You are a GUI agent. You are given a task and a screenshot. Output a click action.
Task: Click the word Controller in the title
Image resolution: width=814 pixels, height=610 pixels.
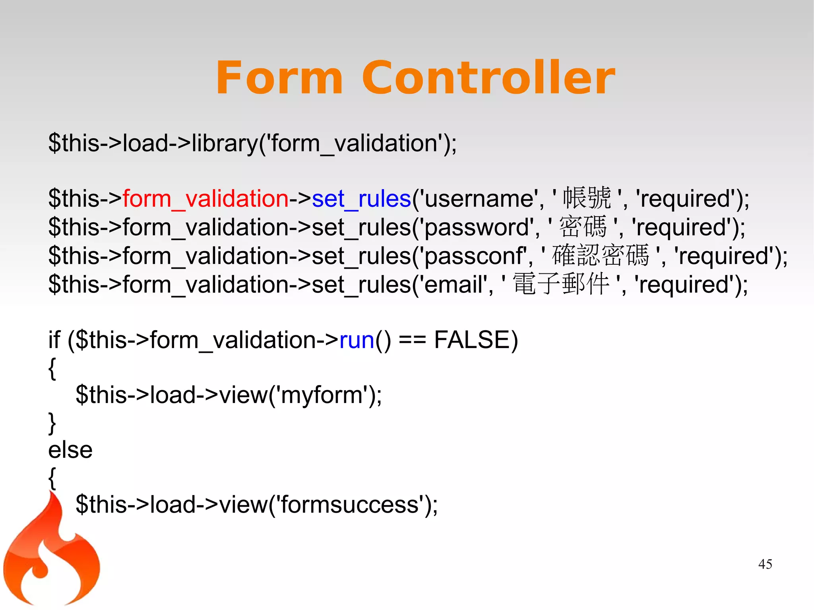(488, 78)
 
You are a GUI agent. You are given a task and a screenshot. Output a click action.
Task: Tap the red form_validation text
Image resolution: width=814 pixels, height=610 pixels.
(205, 199)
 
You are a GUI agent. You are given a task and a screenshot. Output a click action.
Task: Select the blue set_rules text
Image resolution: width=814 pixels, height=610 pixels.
(361, 199)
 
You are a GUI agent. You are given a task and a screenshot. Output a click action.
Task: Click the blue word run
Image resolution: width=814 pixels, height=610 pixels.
(357, 341)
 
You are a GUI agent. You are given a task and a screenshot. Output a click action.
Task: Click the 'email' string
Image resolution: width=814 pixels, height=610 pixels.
(454, 285)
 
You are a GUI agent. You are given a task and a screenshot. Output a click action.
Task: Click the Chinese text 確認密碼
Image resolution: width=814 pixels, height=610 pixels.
(600, 256)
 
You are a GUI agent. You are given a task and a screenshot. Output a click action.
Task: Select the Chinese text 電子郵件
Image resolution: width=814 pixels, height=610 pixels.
(561, 284)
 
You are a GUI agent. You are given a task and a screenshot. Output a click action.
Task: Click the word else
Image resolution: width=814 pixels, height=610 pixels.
(70, 450)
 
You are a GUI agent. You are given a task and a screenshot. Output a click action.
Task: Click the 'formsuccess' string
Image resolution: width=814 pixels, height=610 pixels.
(352, 505)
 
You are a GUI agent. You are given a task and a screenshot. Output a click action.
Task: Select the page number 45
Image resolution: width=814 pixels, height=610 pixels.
(765, 564)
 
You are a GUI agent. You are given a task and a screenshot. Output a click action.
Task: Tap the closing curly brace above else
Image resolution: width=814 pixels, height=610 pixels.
(52, 423)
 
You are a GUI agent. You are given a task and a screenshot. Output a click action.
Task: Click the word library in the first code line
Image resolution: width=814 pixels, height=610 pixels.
(225, 143)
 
